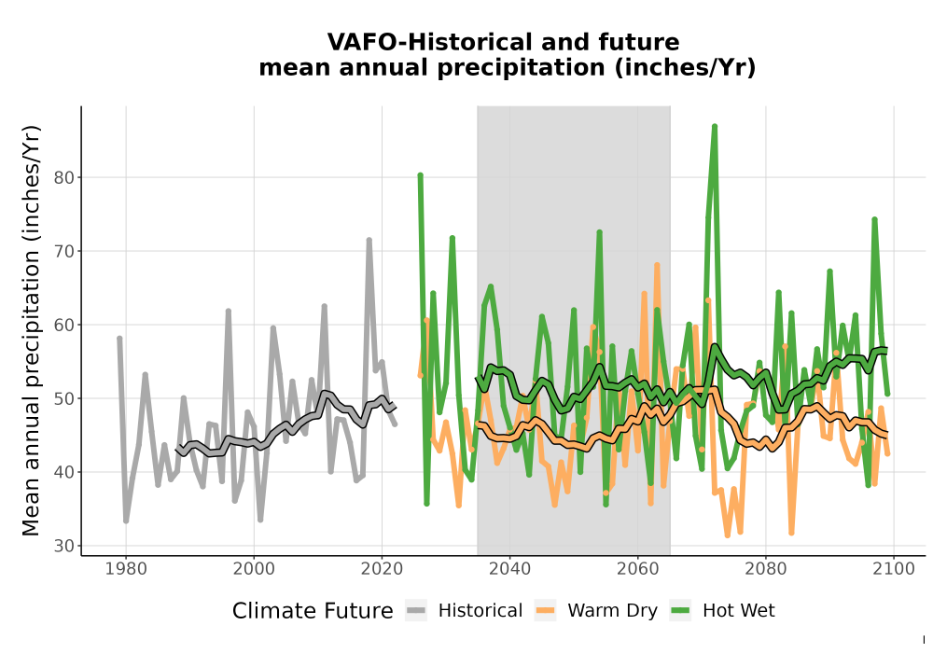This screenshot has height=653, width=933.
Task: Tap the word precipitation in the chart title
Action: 522,68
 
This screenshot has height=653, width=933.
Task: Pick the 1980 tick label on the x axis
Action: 126,569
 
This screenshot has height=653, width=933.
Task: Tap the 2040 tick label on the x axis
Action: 509,569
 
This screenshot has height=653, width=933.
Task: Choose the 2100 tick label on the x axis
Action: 893,569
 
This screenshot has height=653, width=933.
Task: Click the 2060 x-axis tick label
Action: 637,569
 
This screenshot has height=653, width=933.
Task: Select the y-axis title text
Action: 31,330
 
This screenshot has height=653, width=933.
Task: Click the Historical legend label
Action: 480,611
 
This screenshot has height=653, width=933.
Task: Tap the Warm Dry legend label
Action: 612,611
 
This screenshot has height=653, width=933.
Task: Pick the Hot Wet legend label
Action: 738,611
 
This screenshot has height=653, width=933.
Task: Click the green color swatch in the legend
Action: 680,611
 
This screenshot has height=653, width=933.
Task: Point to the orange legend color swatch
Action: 545,611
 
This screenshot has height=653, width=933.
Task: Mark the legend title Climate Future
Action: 313,611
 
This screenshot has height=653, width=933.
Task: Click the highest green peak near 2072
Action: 714,126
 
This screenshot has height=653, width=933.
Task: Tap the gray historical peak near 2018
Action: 369,241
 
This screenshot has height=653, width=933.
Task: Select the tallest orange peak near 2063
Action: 657,265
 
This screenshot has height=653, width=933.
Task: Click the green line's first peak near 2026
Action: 420,175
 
